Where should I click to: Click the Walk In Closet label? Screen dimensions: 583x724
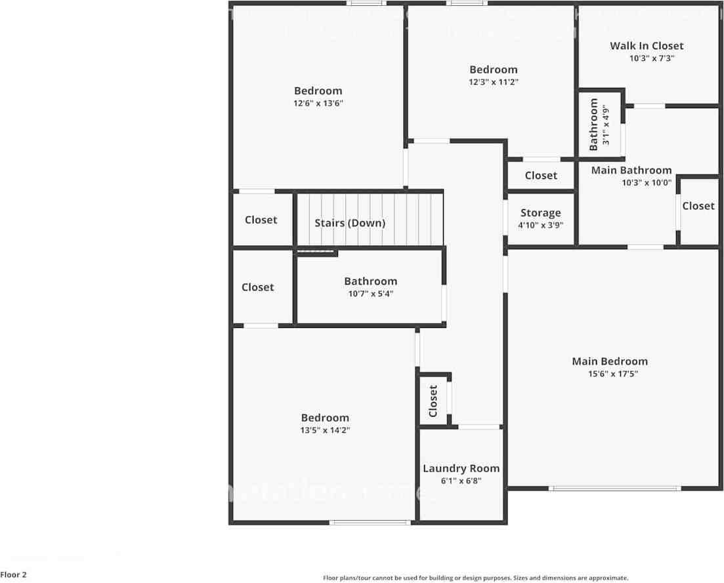(647, 46)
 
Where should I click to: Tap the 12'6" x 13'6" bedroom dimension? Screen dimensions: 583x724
(318, 104)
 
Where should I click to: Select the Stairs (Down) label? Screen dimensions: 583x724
(350, 223)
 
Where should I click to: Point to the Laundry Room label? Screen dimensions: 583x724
(461, 468)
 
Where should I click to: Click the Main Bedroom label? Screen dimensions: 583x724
(609, 361)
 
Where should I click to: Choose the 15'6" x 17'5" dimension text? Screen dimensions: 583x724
(613, 374)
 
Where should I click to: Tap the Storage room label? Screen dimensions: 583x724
(540, 213)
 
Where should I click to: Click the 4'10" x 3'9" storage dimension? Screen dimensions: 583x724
(541, 226)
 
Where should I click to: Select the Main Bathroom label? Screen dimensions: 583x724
(631, 171)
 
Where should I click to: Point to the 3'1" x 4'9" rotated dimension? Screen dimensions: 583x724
(607, 125)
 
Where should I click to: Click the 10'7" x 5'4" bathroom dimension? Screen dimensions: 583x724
(371, 294)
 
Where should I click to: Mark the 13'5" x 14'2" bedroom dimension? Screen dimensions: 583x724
(325, 430)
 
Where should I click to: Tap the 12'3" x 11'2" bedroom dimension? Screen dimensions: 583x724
(493, 82)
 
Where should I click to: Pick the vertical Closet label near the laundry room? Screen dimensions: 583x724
(433, 401)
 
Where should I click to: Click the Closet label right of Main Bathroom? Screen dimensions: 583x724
(698, 206)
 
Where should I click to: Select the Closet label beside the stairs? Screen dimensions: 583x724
(261, 220)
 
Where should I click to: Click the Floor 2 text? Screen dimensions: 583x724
(14, 575)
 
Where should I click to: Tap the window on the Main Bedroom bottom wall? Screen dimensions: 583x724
(614, 488)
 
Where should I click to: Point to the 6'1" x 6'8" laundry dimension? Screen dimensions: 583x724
(461, 481)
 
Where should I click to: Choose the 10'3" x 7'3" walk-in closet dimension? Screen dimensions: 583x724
(652, 58)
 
